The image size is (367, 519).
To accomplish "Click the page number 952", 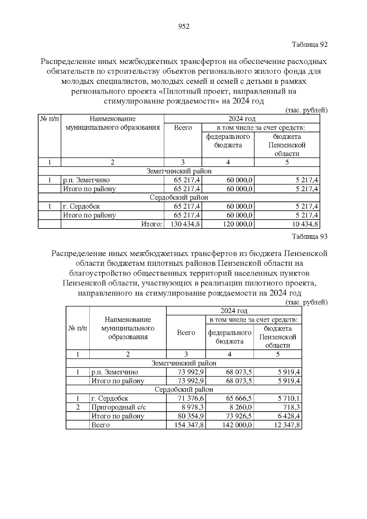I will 184,27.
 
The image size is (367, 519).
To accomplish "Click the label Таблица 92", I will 310,44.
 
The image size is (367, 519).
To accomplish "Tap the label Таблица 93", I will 310,236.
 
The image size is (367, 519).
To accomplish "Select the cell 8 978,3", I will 191,407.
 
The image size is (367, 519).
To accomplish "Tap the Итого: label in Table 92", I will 151,224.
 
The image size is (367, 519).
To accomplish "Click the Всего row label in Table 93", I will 100,425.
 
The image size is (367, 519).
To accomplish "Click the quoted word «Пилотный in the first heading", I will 179,91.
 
